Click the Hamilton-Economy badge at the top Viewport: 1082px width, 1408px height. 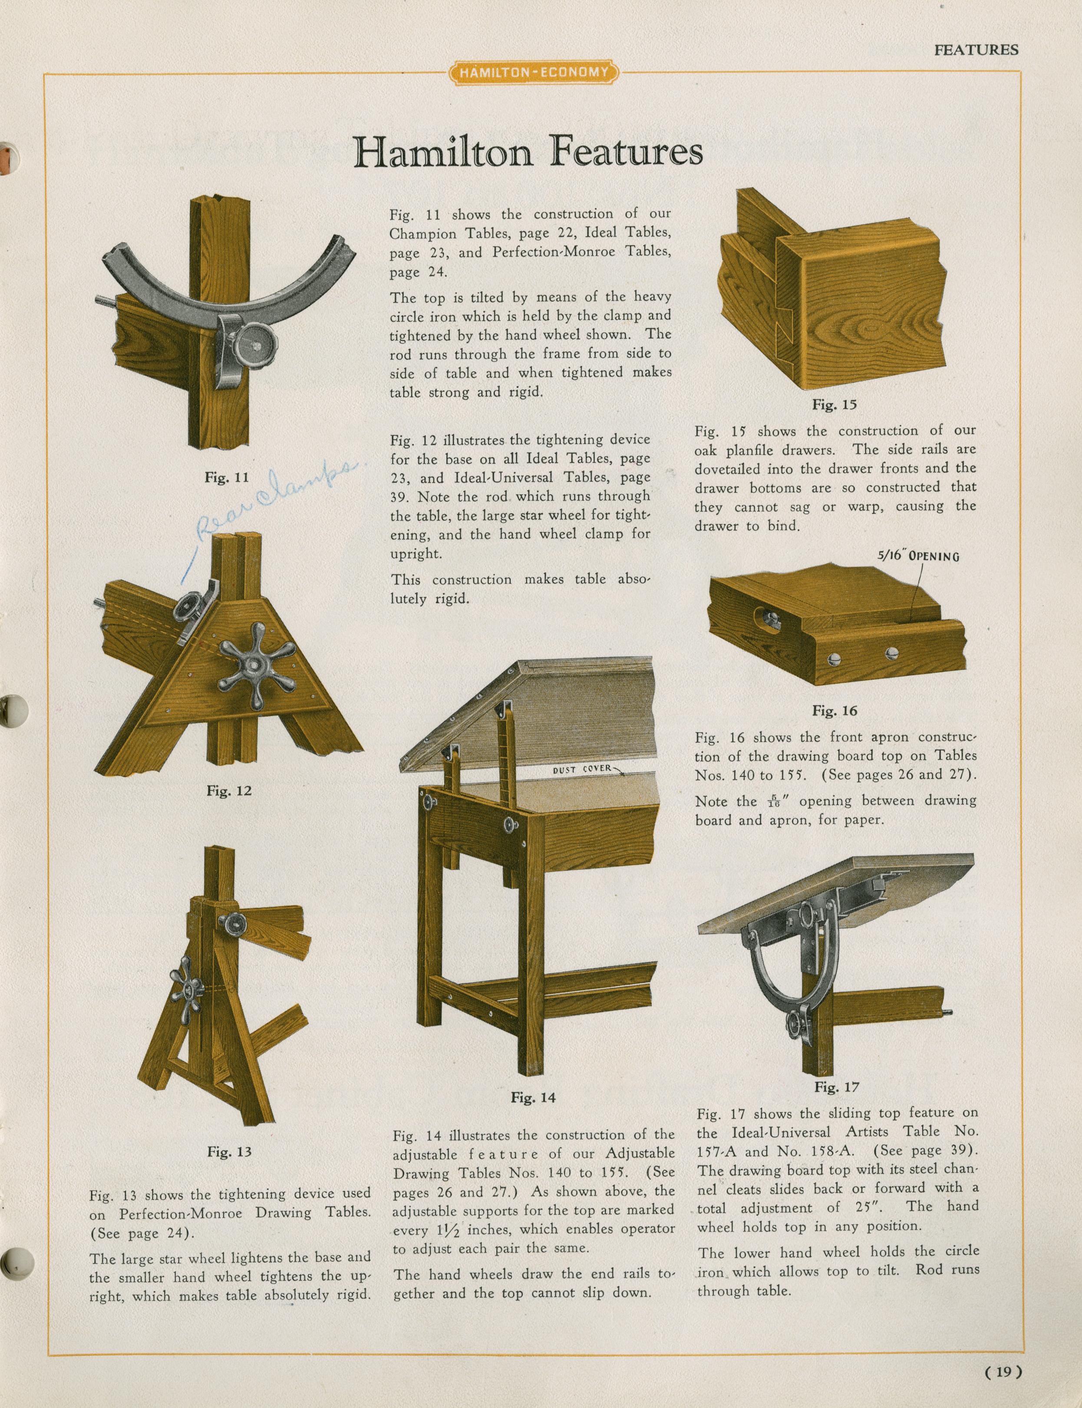pyautogui.click(x=533, y=72)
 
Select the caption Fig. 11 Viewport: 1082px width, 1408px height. pyautogui.click(x=226, y=477)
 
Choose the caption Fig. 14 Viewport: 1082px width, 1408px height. pyautogui.click(x=533, y=1098)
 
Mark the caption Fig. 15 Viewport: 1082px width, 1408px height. pyautogui.click(x=834, y=405)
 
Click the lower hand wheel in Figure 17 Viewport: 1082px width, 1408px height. pyautogui.click(x=799, y=1022)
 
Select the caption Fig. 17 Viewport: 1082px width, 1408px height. pyautogui.click(x=837, y=1087)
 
